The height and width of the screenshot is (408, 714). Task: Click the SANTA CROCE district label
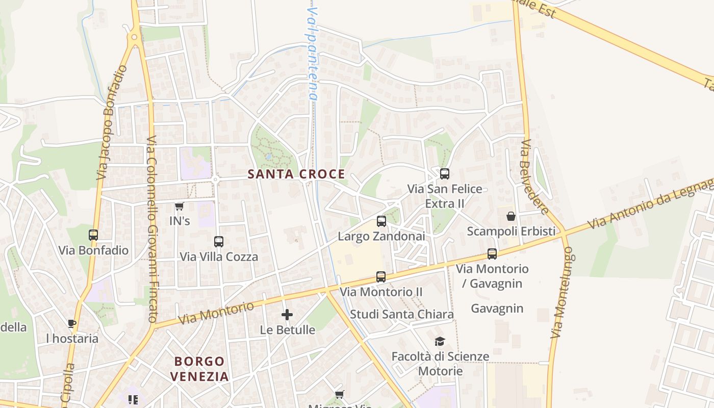pos(296,174)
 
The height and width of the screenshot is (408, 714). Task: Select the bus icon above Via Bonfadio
pos(93,235)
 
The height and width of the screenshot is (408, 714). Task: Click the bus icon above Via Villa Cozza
pos(219,241)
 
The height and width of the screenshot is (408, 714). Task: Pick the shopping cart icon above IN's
pos(179,206)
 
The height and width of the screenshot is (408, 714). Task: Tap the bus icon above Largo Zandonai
pos(381,221)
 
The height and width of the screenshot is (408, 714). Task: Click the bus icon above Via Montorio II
pos(381,277)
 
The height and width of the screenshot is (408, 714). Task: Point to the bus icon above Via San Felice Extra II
pos(445,174)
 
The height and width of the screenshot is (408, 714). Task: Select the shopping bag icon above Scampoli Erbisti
pos(511,216)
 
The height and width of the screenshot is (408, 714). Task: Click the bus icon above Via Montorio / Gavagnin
pos(492,253)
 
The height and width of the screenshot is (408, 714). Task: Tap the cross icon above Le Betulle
pos(287,315)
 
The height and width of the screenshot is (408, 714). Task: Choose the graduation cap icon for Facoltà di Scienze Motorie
pos(440,341)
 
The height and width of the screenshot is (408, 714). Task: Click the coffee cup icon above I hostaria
pos(72,323)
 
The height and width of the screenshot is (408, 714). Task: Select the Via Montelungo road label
pos(562,293)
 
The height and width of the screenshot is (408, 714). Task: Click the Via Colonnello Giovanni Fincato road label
pos(151,228)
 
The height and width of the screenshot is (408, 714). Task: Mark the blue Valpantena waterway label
pos(312,54)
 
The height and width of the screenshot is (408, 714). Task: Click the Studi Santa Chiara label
pos(402,314)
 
